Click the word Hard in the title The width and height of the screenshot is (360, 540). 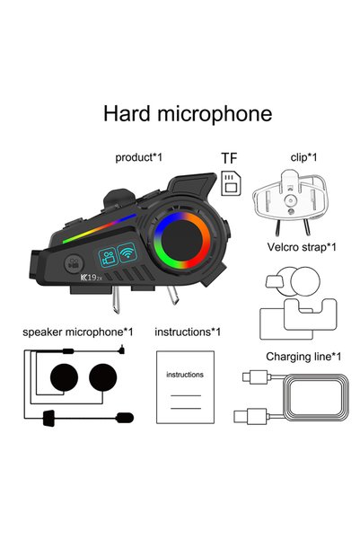click(127, 113)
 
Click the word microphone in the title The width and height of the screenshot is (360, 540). click(215, 115)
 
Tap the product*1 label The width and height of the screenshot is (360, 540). click(138, 158)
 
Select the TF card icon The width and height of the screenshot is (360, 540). click(231, 183)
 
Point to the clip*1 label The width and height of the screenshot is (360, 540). click(303, 157)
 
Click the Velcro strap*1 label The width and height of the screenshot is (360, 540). click(302, 247)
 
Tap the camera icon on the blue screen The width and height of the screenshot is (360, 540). click(108, 258)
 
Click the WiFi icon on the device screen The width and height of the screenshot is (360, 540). click(127, 252)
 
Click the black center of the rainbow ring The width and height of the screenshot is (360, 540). click(181, 241)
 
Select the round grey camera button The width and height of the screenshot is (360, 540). click(74, 264)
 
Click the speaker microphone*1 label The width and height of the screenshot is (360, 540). click(78, 332)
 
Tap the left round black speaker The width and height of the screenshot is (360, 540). click(64, 377)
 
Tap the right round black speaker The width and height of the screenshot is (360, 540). click(103, 377)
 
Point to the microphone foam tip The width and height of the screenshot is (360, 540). click(125, 418)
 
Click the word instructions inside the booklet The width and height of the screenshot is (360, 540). click(185, 375)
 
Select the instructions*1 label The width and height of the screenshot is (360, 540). click(188, 332)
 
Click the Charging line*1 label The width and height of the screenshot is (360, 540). click(303, 357)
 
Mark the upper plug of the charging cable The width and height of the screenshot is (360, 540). click(255, 376)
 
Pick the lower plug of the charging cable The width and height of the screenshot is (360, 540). click(250, 416)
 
